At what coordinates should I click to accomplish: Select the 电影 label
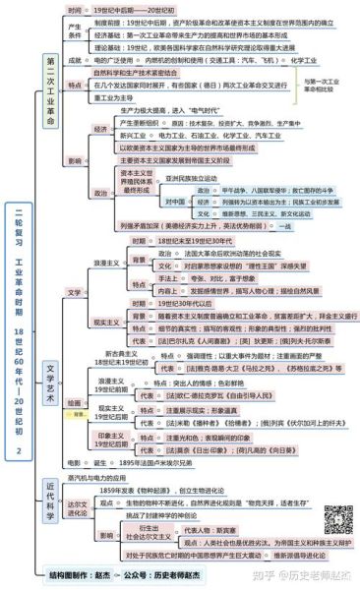click(x=74, y=461)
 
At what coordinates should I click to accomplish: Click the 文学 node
click(x=75, y=292)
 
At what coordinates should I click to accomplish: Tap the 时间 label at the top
click(x=76, y=8)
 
